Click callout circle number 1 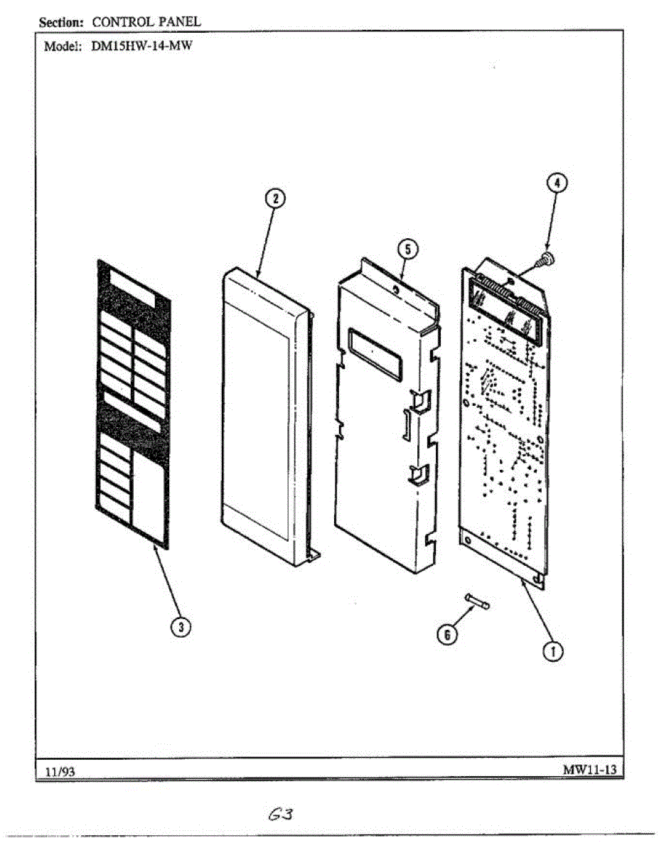(553, 650)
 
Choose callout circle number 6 (446, 635)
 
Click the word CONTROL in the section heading (123, 22)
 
